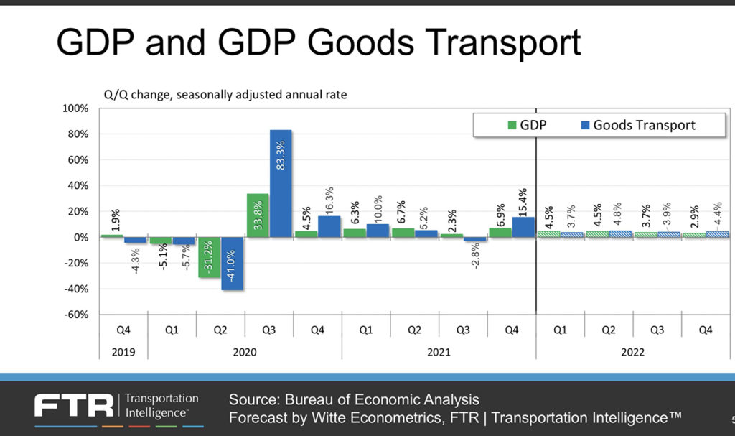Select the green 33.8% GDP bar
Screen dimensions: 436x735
pyautogui.click(x=258, y=215)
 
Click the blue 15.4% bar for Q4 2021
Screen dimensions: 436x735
pyautogui.click(x=524, y=227)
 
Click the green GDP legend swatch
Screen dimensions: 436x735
pyautogui.click(x=512, y=126)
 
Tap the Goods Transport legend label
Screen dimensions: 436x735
pyautogui.click(x=644, y=125)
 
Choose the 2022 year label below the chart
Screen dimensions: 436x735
pyautogui.click(x=632, y=352)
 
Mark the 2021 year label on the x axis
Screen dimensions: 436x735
pyautogui.click(x=438, y=352)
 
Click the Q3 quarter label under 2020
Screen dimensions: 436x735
pyautogui.click(x=268, y=331)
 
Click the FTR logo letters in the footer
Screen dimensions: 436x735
pyautogui.click(x=73, y=406)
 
